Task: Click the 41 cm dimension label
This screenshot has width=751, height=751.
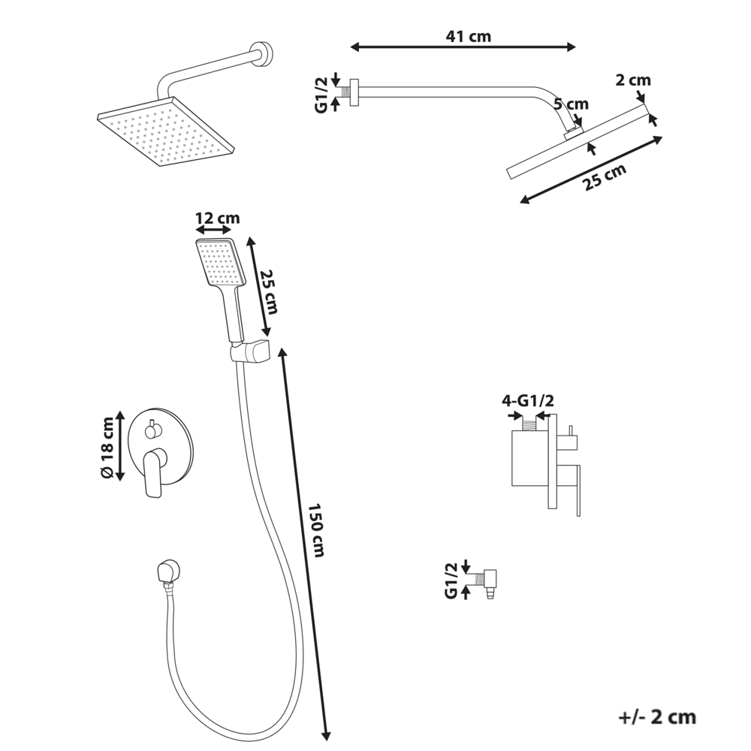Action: (x=463, y=35)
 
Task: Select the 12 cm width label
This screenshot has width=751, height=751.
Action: (x=217, y=218)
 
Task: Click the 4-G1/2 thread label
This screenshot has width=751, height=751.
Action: (x=527, y=401)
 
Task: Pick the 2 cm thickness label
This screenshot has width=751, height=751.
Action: (x=632, y=80)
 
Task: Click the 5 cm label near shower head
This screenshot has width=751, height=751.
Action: (x=572, y=104)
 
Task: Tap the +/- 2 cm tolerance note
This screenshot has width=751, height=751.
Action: (x=657, y=716)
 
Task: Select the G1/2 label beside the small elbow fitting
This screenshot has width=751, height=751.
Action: (x=451, y=581)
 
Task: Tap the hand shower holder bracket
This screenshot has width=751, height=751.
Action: (x=250, y=351)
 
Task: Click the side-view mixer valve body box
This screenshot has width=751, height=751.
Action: (x=530, y=458)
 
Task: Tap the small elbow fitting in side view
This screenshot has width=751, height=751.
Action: (x=493, y=580)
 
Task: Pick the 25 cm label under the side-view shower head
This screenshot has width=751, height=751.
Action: (x=605, y=180)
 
